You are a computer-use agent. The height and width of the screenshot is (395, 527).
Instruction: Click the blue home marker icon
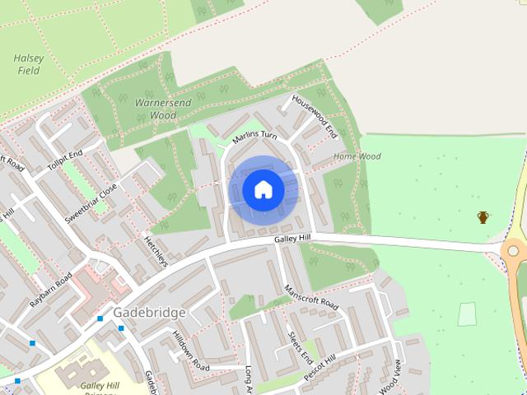click(263, 190)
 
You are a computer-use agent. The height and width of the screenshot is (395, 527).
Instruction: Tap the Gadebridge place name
click(149, 313)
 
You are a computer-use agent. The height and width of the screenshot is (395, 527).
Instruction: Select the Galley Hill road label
click(293, 238)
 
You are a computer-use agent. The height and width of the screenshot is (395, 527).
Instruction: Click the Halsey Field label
click(28, 65)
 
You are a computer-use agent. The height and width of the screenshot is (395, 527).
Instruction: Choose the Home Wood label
click(357, 156)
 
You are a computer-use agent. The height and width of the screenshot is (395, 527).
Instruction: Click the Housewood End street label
click(315, 115)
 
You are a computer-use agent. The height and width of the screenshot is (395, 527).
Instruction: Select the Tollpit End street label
click(65, 160)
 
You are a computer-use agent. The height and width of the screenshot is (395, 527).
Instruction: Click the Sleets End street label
click(299, 347)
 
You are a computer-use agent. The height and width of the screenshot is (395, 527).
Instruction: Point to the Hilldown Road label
click(190, 348)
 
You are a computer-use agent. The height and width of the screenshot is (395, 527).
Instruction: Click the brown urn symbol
click(483, 217)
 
